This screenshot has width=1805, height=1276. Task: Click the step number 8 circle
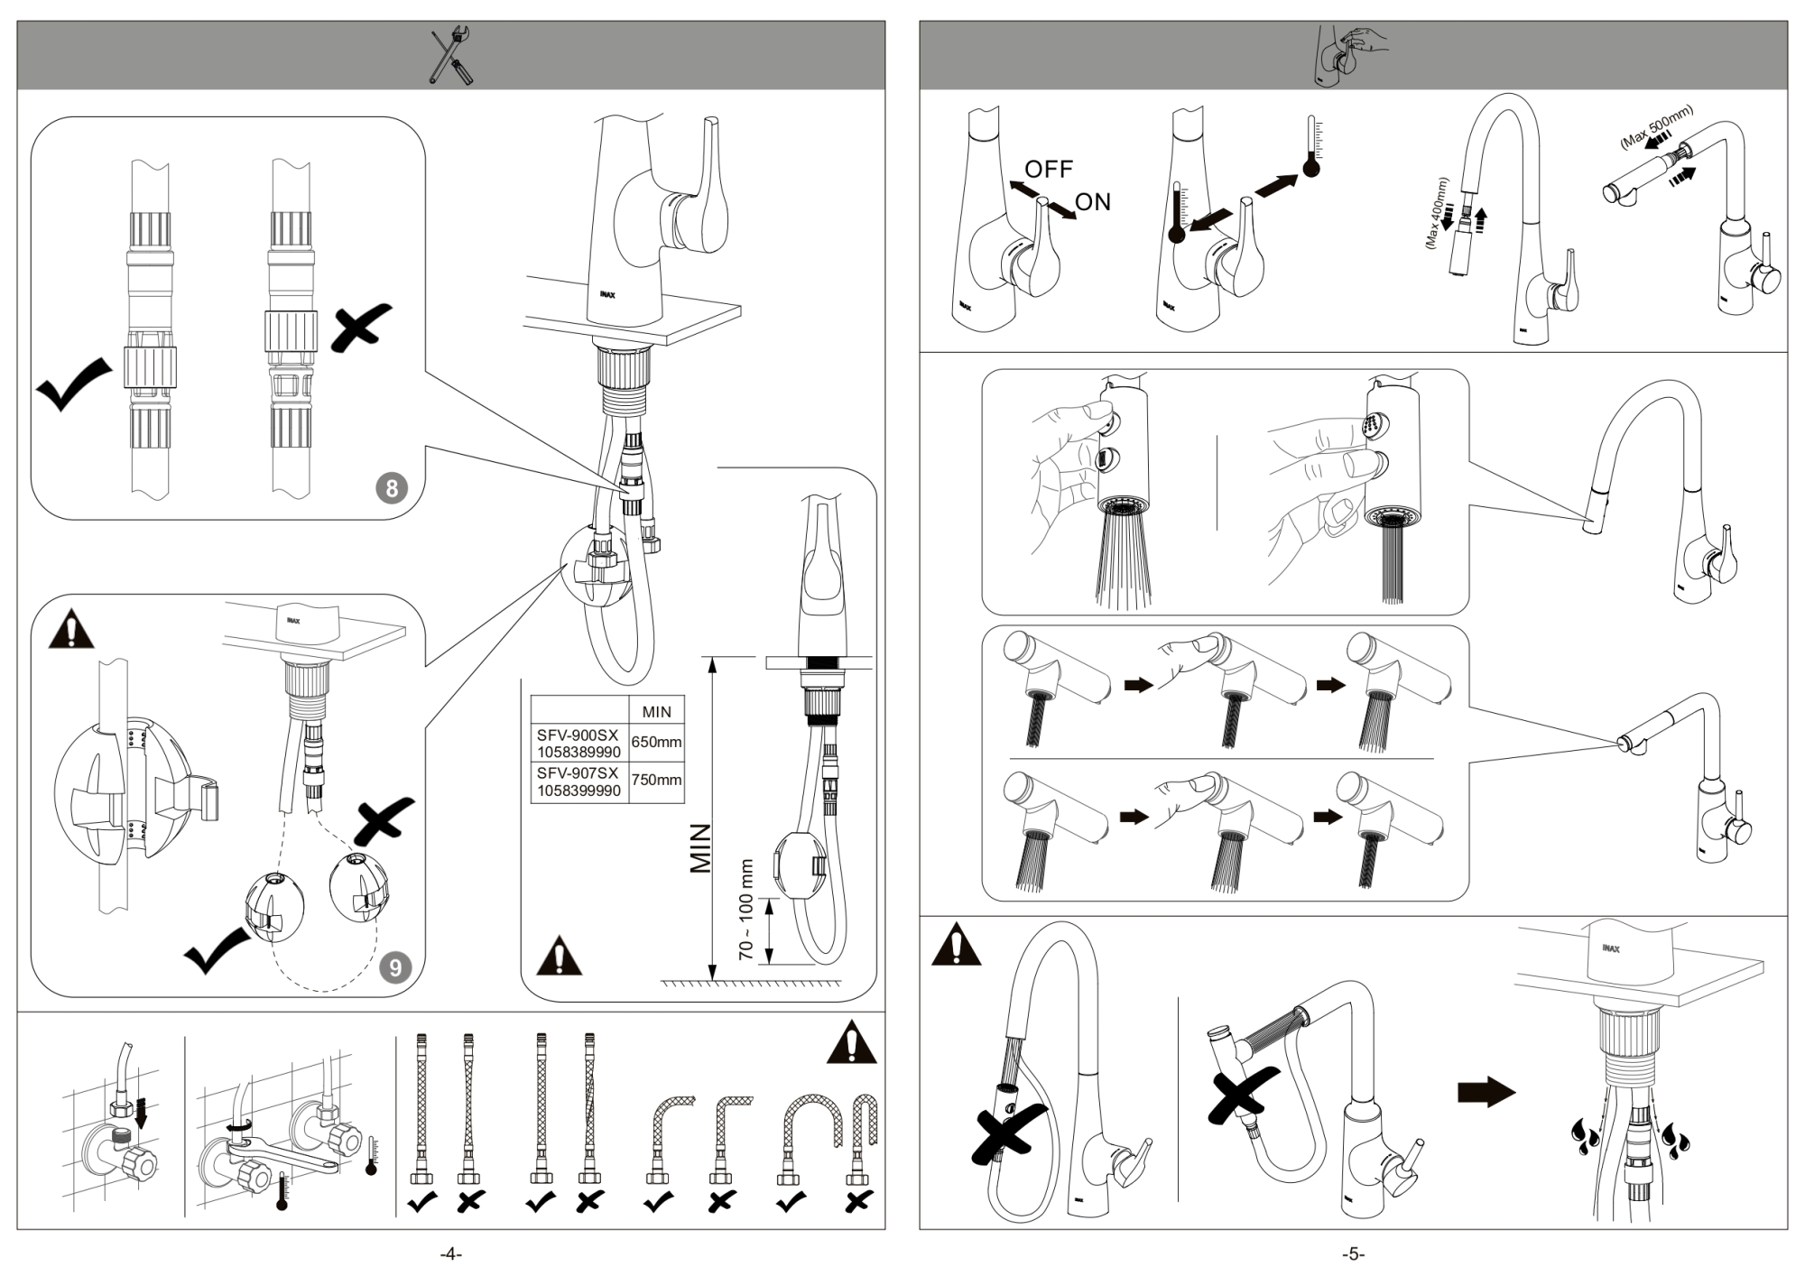point(392,488)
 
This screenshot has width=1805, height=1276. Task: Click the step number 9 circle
point(395,967)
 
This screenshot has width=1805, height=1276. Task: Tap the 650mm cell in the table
point(656,742)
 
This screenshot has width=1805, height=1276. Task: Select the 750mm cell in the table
point(656,780)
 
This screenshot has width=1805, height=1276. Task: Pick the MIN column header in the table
point(656,711)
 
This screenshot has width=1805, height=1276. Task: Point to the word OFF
point(1049,169)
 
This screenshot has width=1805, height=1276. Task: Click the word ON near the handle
point(1093,202)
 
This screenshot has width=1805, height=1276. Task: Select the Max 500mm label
point(1657,126)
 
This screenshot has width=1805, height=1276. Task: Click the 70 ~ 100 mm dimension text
point(745,909)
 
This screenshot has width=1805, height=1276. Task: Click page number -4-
point(450,1254)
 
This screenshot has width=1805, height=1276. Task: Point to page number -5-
point(1353,1254)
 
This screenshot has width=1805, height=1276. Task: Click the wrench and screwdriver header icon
point(450,56)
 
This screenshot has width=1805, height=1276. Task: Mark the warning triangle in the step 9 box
point(71,630)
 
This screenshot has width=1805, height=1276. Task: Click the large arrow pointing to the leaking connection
point(1486,1092)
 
